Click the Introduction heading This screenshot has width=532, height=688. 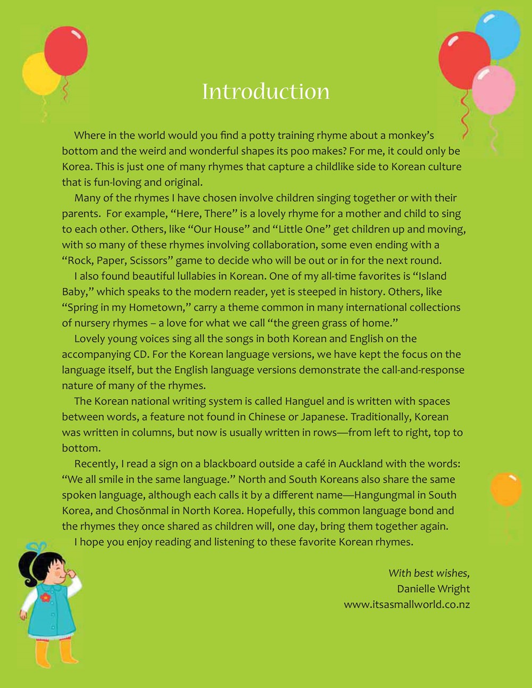265,92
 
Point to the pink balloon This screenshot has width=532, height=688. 494,89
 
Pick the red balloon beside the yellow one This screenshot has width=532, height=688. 66,51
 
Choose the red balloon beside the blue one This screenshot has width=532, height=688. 463,60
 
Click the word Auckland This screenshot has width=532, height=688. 361,463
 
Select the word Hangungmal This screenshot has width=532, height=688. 389,495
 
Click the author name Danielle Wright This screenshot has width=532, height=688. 433,588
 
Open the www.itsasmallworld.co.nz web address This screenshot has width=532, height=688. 406,604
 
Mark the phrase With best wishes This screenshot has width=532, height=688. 429,573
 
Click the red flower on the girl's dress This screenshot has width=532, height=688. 45,598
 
